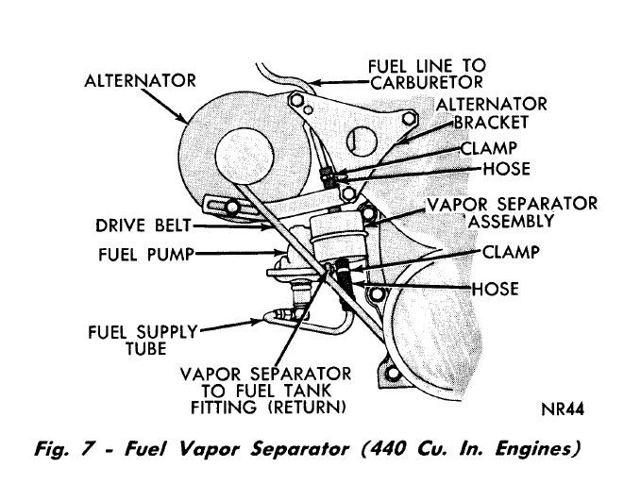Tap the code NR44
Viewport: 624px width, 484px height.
tap(561, 409)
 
